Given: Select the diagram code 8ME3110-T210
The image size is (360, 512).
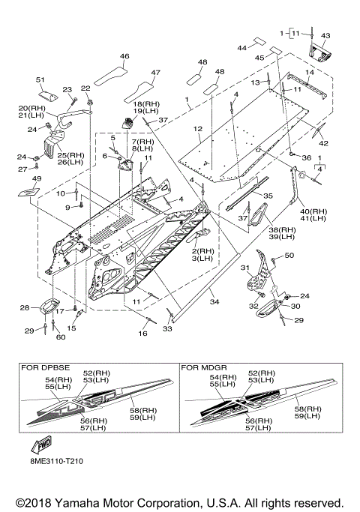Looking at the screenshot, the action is tap(55, 461).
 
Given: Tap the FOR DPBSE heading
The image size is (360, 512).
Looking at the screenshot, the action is tap(46, 367).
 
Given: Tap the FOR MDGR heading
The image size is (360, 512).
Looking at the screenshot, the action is tap(204, 367).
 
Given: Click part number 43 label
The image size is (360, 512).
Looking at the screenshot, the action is tap(325, 35).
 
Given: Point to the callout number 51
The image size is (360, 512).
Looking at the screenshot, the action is tap(40, 79).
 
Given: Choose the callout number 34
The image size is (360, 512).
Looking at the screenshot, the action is tap(214, 301).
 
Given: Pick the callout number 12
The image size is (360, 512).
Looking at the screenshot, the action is tap(198, 129).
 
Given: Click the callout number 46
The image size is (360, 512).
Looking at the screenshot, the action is tap(124, 56).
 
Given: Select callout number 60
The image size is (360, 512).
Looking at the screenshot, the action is tap(61, 337).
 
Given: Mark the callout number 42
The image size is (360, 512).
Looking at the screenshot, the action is tap(324, 143).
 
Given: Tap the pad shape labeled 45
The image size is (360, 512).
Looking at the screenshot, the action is tap(275, 51).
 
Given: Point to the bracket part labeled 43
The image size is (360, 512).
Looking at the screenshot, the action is tap(319, 53).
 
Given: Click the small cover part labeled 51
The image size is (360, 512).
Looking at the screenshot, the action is tap(48, 95).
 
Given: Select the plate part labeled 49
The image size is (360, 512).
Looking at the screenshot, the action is tap(29, 191).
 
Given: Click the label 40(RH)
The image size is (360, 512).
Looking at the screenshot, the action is tap(313, 211).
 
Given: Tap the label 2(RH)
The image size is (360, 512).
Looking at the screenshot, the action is tap(202, 251).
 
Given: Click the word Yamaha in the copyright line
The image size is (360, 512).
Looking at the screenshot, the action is tap(77, 503).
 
